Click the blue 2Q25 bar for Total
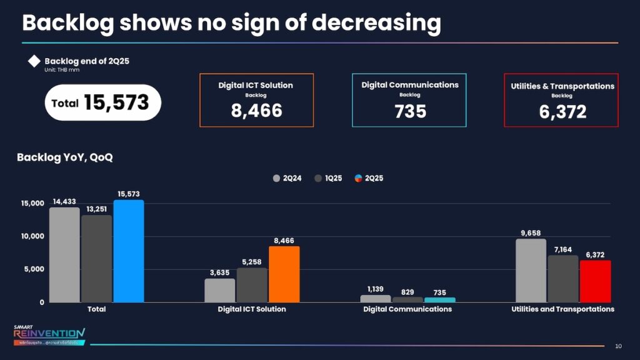pyautogui.click(x=129, y=251)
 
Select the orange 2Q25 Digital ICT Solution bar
pyautogui.click(x=284, y=274)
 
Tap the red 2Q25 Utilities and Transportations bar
pyautogui.click(x=595, y=281)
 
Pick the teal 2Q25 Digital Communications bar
pyautogui.click(x=440, y=300)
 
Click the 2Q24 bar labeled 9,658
pyautogui.click(x=531, y=271)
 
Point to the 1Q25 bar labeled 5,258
pyautogui.click(x=252, y=285)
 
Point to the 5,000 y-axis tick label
pyautogui.click(x=32, y=269)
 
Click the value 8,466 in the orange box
pyautogui.click(x=256, y=111)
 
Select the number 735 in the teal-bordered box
pyautogui.click(x=410, y=111)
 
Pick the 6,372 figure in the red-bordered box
pyautogui.click(x=562, y=112)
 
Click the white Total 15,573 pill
pyautogui.click(x=103, y=102)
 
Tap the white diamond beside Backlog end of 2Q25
pyautogui.click(x=34, y=61)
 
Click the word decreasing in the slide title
pyautogui.click(x=376, y=23)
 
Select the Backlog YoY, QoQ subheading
pyautogui.click(x=65, y=157)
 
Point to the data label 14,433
pyautogui.click(x=65, y=201)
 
